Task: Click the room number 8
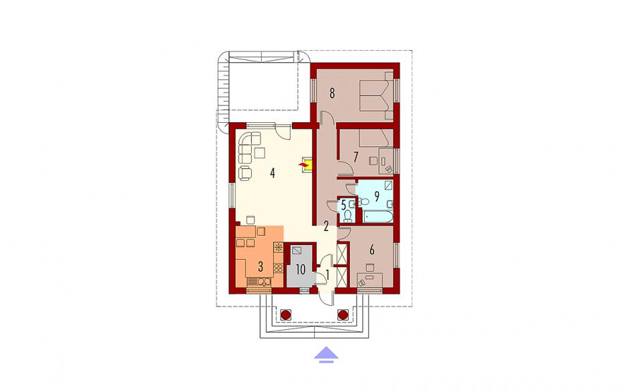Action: [x=331, y=93]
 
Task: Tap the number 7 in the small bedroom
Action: [x=355, y=157]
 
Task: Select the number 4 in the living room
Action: [x=273, y=174]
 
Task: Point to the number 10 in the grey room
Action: [x=301, y=270]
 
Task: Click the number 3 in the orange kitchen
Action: [x=261, y=266]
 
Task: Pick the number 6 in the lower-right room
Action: [x=371, y=250]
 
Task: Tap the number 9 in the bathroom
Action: [x=377, y=196]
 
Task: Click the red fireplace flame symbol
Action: [x=304, y=164]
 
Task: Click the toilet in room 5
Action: [x=347, y=216]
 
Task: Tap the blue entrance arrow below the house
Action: [x=326, y=355]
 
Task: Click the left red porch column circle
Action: [x=285, y=315]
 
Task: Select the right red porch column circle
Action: [x=343, y=315]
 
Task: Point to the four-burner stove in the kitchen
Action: [x=279, y=268]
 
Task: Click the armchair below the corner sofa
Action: [x=245, y=172]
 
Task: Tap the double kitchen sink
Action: [x=263, y=282]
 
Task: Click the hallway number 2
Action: [x=326, y=226]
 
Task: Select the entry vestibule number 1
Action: [x=327, y=275]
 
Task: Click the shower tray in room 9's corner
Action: [x=389, y=185]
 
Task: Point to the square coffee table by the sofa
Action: [x=260, y=153]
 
